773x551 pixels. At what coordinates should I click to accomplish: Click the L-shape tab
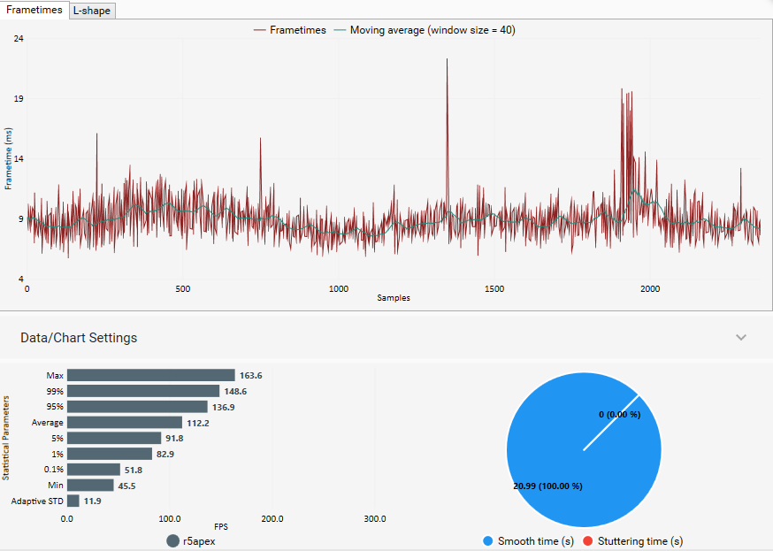click(92, 11)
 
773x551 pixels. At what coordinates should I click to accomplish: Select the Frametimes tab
click(34, 10)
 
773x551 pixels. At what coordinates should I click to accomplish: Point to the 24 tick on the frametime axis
click(19, 39)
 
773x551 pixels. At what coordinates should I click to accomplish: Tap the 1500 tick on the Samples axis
click(494, 289)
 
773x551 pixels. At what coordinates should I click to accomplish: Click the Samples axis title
click(393, 298)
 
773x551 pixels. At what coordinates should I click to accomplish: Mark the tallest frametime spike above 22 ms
click(447, 60)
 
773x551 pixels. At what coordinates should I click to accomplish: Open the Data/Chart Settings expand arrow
click(741, 337)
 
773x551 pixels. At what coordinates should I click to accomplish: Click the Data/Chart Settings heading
click(79, 338)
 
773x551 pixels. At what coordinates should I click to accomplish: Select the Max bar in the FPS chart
click(150, 375)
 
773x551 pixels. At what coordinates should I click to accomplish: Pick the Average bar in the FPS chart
click(124, 423)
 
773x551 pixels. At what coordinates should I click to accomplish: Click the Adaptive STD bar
click(73, 501)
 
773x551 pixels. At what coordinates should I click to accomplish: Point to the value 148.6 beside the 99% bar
click(234, 391)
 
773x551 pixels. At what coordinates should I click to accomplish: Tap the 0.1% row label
click(54, 470)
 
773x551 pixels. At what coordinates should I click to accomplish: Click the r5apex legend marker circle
click(172, 540)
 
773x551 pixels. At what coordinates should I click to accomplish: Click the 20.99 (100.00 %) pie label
click(547, 486)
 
